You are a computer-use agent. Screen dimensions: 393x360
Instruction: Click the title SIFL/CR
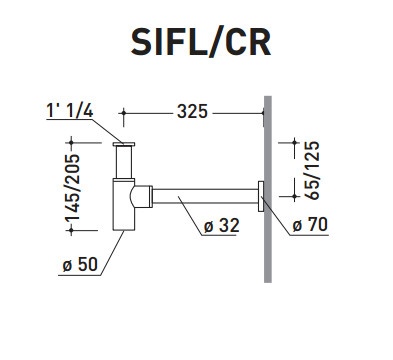(x=201, y=42)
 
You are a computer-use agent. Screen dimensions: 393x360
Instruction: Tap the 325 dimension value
(x=192, y=111)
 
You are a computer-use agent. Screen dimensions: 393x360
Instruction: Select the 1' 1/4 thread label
(x=70, y=110)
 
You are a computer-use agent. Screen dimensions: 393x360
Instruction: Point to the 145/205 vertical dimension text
(x=72, y=187)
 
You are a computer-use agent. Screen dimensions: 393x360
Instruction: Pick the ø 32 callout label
(x=222, y=226)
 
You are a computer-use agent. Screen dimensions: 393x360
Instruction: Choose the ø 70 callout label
(x=310, y=224)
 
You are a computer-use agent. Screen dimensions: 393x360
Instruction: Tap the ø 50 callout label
(x=80, y=264)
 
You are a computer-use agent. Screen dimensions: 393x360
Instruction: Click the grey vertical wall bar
(x=268, y=189)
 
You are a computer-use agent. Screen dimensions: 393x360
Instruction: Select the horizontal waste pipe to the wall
(x=205, y=196)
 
